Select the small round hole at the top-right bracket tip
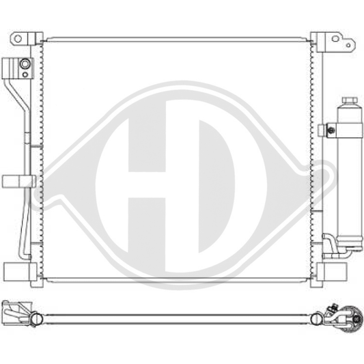[350, 46]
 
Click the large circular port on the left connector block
[25, 65]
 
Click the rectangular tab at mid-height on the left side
[18, 181]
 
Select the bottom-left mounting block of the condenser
[16, 269]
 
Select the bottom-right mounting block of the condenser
[335, 269]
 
